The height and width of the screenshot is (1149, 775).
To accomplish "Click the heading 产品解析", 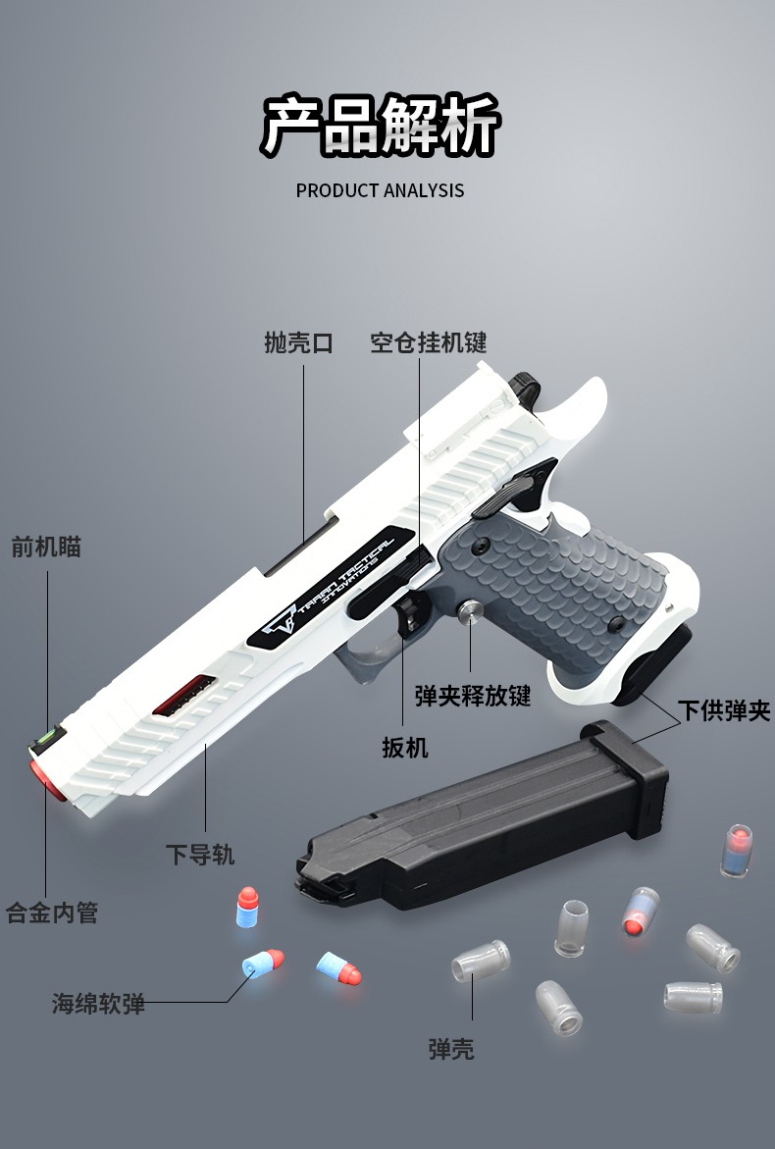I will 381,127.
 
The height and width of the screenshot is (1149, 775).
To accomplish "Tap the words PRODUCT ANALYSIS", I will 380,190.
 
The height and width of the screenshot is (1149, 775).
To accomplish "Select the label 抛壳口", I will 298,342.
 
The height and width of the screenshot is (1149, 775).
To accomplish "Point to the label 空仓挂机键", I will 428,342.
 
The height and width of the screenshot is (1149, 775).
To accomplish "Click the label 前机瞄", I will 46,547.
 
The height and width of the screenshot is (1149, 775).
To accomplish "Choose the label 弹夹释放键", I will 473,696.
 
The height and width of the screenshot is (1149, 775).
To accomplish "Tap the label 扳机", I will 405,748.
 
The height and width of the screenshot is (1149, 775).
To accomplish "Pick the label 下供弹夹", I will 724,710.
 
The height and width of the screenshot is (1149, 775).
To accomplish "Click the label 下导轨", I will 200,855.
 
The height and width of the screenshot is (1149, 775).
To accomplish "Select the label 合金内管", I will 52,914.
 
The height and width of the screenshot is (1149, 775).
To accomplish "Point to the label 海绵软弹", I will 98,1004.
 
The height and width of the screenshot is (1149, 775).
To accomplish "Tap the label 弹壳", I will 451,1049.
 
